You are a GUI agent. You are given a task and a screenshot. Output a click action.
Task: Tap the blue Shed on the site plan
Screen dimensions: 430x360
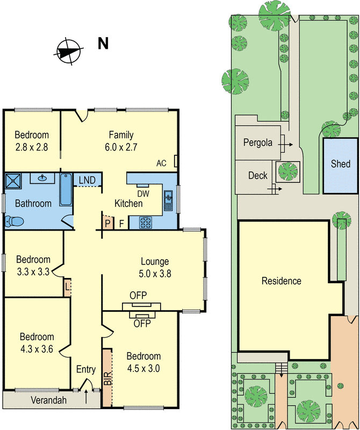pyautogui.click(x=340, y=165)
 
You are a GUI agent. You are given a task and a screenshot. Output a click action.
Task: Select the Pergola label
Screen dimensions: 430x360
pyautogui.click(x=257, y=143)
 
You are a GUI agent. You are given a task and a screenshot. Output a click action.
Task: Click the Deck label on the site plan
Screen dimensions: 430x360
pyautogui.click(x=258, y=176)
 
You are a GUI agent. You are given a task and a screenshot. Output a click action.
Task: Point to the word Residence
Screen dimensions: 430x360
pyautogui.click(x=282, y=281)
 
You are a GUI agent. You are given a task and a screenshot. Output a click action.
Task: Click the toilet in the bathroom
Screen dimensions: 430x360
pyautogui.click(x=13, y=221)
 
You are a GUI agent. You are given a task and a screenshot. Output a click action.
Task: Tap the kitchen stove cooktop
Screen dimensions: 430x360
pyautogui.click(x=146, y=222)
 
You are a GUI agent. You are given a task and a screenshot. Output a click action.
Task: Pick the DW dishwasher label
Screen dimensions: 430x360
pyautogui.click(x=143, y=193)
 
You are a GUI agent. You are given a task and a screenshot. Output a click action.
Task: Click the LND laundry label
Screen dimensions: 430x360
pyautogui.click(x=87, y=180)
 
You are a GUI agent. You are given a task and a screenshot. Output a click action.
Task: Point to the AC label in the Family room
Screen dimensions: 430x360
pyautogui.click(x=161, y=163)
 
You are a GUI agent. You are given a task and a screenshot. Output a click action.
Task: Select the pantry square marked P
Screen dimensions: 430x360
pyautogui.click(x=107, y=223)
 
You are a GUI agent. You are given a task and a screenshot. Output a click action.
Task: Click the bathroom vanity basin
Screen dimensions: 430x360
pyautogui.click(x=41, y=178)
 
